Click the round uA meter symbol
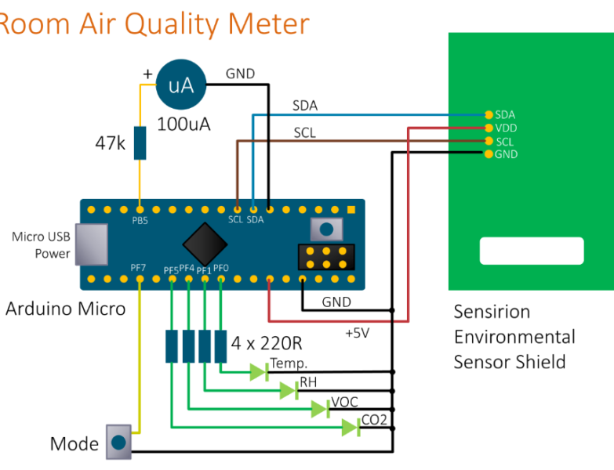pos(181,85)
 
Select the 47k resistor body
pos(140,143)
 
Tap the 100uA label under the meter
pos(183,124)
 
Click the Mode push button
pos(118,443)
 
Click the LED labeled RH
pos(289,390)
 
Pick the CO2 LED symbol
pos(351,427)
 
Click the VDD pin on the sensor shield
pos(489,128)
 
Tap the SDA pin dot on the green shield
pos(489,115)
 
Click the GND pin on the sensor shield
pos(489,154)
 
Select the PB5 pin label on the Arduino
pos(139,221)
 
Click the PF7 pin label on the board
pos(138,268)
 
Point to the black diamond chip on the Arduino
pos(205,244)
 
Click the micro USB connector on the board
pos(93,244)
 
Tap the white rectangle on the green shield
pos(532,251)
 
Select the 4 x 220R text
pos(267,342)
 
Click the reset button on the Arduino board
pos(325,230)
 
